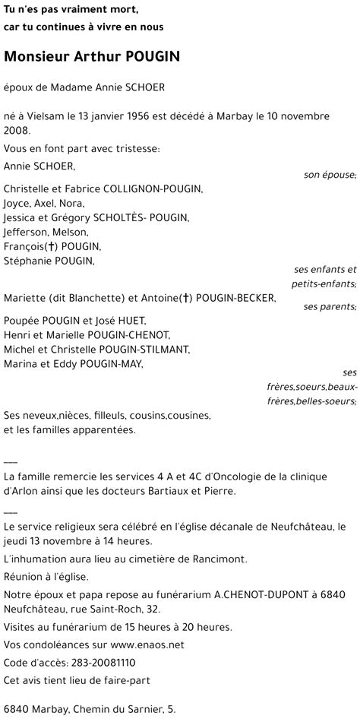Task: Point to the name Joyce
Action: point(17,204)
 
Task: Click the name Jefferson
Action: point(25,233)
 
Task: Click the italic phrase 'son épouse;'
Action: point(330,176)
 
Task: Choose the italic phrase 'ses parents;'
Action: point(330,307)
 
